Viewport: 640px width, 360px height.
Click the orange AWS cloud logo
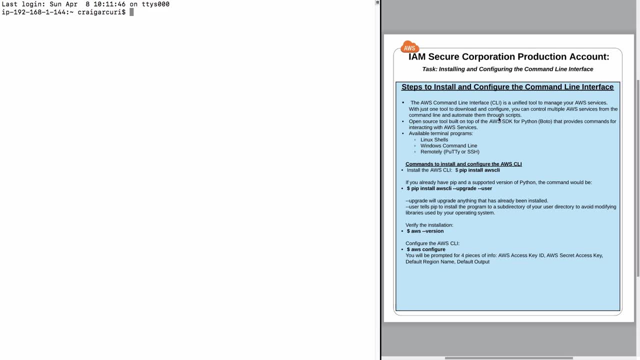(409, 47)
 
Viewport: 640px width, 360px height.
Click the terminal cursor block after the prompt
(131, 12)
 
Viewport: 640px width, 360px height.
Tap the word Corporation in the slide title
(489, 57)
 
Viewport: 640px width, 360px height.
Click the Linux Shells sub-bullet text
(434, 139)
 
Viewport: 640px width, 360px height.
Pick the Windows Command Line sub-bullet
(448, 146)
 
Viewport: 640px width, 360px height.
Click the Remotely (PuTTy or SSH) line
(449, 152)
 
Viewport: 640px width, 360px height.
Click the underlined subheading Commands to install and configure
(463, 164)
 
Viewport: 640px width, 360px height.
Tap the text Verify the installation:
(429, 225)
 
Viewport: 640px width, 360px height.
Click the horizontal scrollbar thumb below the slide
(508, 358)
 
